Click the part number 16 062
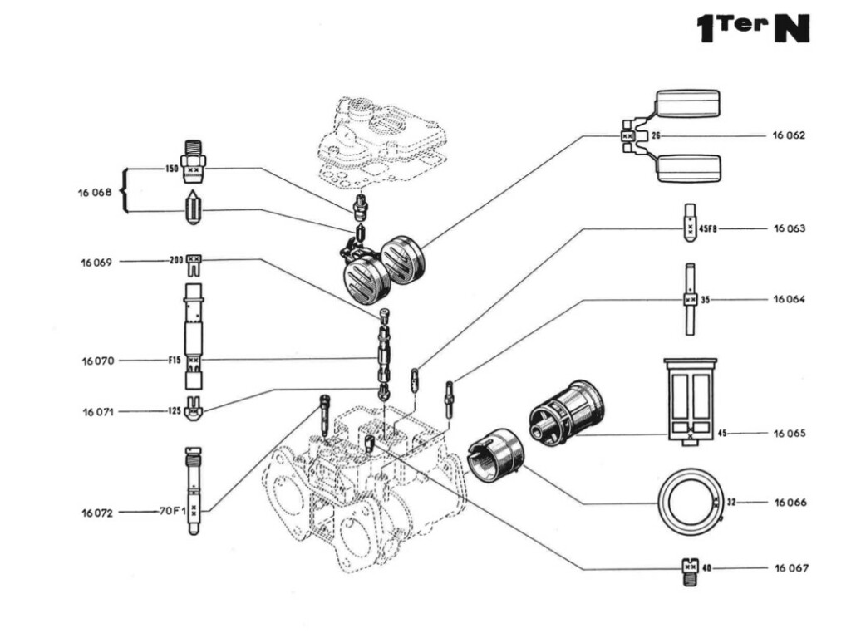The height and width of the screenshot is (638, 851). click(789, 135)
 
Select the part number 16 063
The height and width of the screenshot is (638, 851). click(789, 228)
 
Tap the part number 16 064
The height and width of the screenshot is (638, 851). click(789, 299)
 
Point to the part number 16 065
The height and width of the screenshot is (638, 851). click(789, 434)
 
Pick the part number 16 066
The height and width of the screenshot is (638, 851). click(789, 503)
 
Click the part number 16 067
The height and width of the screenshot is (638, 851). click(789, 568)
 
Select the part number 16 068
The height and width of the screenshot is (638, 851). click(96, 192)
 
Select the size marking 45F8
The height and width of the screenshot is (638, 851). click(707, 228)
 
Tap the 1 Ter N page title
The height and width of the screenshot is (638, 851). click(752, 27)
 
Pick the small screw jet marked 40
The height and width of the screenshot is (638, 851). click(689, 569)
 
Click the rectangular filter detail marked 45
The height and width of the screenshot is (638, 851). click(690, 400)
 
